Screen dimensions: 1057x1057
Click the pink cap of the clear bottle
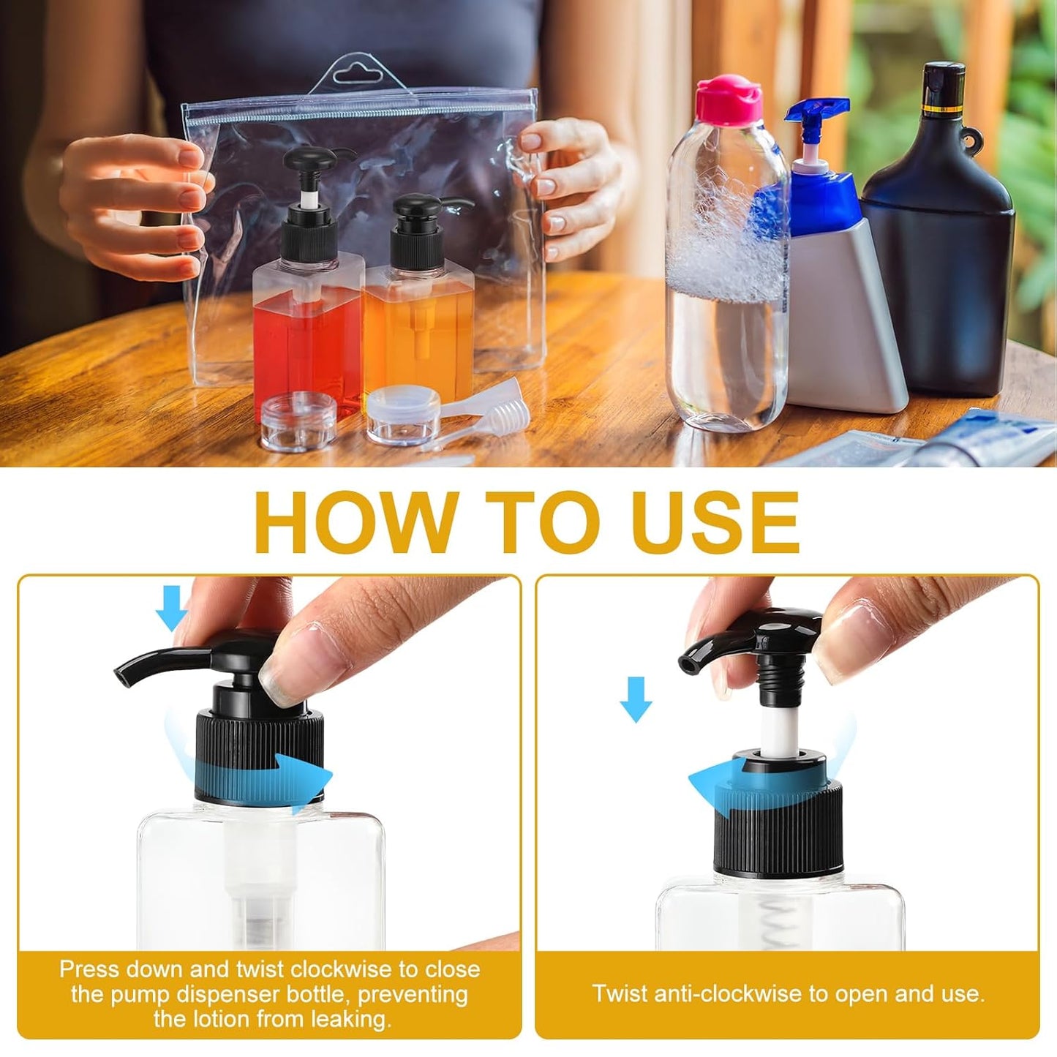point(729,99)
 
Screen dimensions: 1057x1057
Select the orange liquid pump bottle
point(418,322)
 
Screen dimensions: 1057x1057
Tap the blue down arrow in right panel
point(636,699)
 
